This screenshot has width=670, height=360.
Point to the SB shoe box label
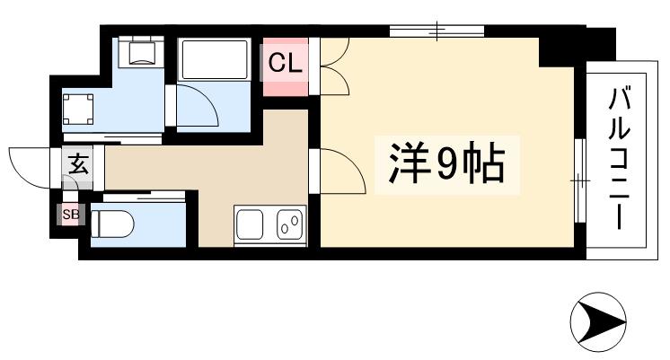point(69,214)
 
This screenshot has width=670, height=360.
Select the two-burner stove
point(289,224)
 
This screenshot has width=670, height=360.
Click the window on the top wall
point(437,31)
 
